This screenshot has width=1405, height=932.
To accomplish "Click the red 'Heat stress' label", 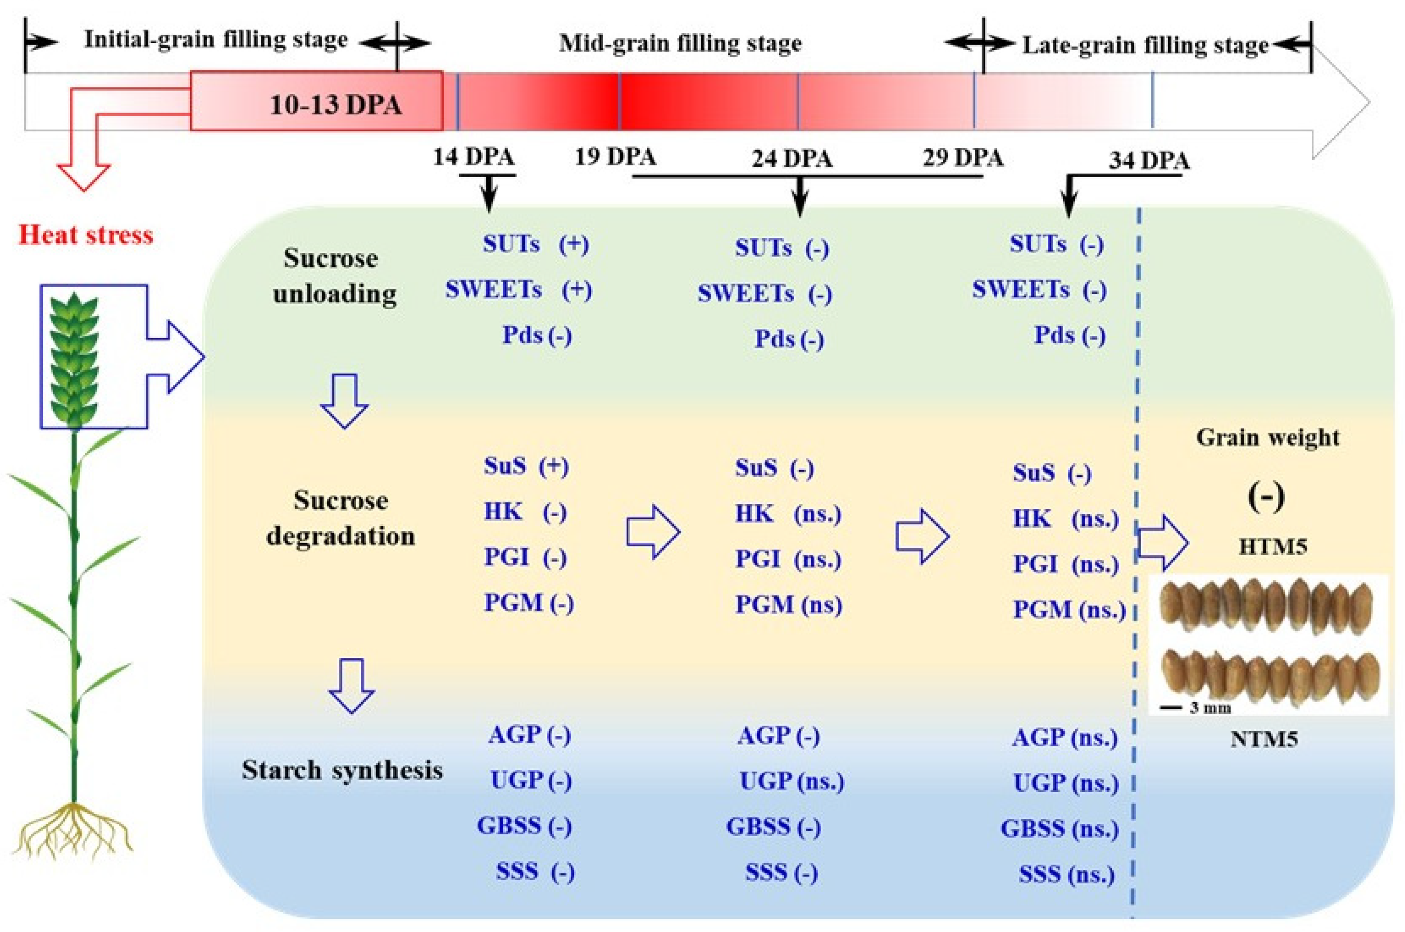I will tap(86, 235).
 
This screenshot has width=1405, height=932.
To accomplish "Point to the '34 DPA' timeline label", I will tap(1149, 160).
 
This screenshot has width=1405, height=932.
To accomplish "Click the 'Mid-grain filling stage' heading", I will tap(680, 43).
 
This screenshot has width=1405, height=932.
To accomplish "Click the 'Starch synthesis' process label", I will tap(342, 770).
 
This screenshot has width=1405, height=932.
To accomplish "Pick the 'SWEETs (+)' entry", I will tap(518, 290).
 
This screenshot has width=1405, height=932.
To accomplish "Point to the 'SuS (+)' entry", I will tap(526, 466).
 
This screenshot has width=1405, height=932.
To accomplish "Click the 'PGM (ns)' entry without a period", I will tap(788, 605).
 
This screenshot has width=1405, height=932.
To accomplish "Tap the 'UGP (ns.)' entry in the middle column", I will tap(791, 781).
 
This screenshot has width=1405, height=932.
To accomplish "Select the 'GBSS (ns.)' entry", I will tap(1059, 829).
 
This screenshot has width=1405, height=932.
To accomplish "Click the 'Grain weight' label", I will tap(1267, 438).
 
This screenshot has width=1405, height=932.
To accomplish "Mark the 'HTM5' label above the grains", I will tap(1273, 546).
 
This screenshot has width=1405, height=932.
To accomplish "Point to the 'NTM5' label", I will tap(1264, 740).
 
